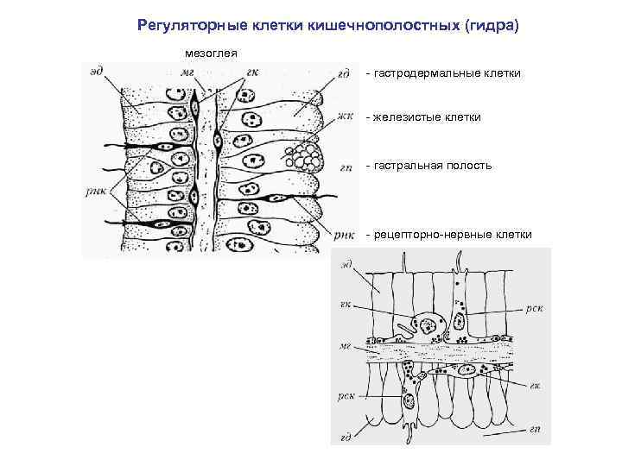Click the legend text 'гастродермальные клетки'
point(447,73)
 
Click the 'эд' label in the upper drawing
point(97,72)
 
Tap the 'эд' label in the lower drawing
point(346,262)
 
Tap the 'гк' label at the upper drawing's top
point(252,72)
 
